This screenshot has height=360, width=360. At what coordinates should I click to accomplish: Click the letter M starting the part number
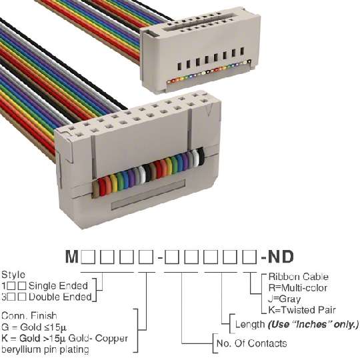click(x=72, y=257)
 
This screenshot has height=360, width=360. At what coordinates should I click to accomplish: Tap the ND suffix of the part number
click(x=281, y=257)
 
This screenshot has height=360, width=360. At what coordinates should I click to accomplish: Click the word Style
click(x=13, y=275)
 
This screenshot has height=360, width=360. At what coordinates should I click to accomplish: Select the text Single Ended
click(x=58, y=286)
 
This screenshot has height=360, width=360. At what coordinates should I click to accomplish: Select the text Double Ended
click(x=60, y=297)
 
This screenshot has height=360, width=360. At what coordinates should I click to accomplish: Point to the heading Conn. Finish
click(x=29, y=316)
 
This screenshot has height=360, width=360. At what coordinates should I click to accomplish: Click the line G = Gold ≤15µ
click(x=34, y=327)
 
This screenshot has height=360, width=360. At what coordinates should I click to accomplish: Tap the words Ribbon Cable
click(x=298, y=277)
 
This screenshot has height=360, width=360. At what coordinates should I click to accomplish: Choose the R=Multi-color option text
click(x=298, y=288)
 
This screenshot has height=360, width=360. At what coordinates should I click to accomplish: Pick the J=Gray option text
click(x=284, y=299)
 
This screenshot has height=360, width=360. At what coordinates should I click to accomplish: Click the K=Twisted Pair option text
click(x=302, y=310)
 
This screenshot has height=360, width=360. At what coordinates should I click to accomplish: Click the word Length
click(x=250, y=325)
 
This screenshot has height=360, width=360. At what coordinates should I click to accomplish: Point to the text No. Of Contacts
click(x=251, y=343)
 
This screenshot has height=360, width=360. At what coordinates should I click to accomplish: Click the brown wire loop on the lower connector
click(x=96, y=189)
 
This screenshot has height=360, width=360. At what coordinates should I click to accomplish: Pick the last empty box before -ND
click(x=249, y=257)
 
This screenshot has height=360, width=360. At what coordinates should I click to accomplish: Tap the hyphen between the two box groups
click(x=160, y=259)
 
